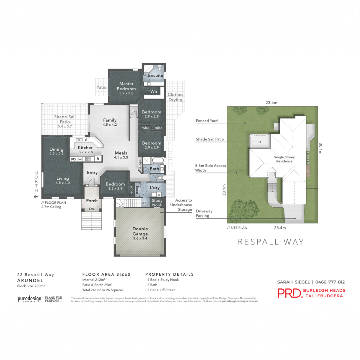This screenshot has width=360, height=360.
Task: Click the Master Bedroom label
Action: click(126, 86)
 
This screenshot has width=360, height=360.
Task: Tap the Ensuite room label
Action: click(155, 76)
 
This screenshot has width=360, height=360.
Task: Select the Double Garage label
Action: click(140, 231)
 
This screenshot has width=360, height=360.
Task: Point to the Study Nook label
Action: click(157, 203)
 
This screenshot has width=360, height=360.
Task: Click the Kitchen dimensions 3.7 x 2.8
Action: click(85, 152)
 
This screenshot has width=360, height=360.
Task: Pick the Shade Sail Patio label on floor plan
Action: click(65, 119)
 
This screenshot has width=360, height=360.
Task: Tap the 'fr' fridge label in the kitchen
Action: click(98, 159)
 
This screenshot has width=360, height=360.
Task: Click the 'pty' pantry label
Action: click(73, 159)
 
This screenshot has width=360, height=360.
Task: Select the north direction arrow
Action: click(36, 197)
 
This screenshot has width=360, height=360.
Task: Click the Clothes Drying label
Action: click(175, 97)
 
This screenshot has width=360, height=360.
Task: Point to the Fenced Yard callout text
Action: click(207, 121)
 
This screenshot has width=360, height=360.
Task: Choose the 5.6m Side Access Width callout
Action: click(210, 168)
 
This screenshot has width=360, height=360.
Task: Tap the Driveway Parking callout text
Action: click(204, 213)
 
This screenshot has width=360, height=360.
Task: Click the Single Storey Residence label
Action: click(284, 159)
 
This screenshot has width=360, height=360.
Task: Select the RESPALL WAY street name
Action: click(271, 242)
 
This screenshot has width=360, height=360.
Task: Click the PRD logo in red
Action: click(289, 293)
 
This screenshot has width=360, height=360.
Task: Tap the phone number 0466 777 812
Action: click(330, 282)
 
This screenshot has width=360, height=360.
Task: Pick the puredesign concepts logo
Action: click(29, 299)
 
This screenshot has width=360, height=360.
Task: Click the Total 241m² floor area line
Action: click(103, 290)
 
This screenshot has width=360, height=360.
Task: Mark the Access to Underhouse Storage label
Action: click(181, 205)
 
